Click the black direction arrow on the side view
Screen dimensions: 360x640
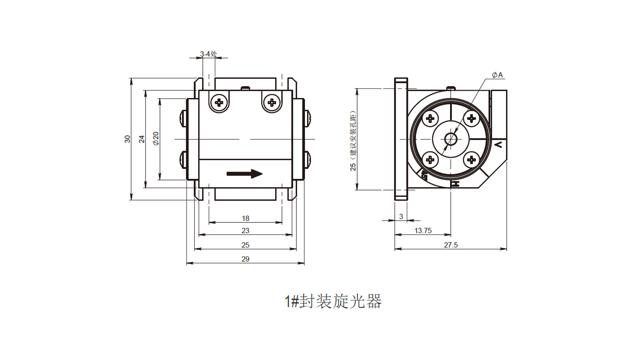coord(244,174)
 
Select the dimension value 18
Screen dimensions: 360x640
coord(245,218)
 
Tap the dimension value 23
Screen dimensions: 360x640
coord(245,231)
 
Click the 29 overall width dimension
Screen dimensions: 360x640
coord(245,259)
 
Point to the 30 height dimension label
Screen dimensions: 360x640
coord(127,139)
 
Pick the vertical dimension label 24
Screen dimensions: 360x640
coord(142,139)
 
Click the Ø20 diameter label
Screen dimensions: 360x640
coord(156,138)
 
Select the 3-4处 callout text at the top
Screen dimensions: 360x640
coord(208,54)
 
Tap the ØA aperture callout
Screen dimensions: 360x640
coord(497,75)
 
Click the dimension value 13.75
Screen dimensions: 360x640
coord(423,231)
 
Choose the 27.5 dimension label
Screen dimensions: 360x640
coord(450,245)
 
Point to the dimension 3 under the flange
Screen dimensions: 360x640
coord(401,217)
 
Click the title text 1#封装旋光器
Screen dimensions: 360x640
coord(333,301)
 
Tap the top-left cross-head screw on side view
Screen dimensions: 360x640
coord(219,102)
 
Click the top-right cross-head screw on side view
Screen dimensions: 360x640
coord(272,102)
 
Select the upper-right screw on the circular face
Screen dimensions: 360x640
coord(472,118)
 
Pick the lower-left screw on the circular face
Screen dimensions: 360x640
coord(430,160)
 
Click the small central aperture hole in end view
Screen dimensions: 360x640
coord(451,139)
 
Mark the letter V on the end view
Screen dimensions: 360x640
coord(498,144)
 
